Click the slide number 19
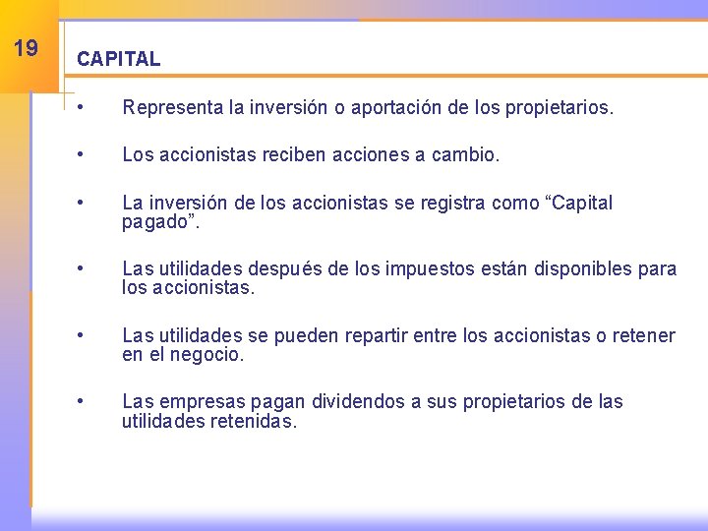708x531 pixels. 27,47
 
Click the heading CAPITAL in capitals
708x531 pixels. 118,59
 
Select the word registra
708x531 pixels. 448,204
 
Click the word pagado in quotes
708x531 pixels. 154,222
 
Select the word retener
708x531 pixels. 643,336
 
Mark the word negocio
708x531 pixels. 206,355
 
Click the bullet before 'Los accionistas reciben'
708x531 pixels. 90,155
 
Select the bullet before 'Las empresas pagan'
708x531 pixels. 90,402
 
